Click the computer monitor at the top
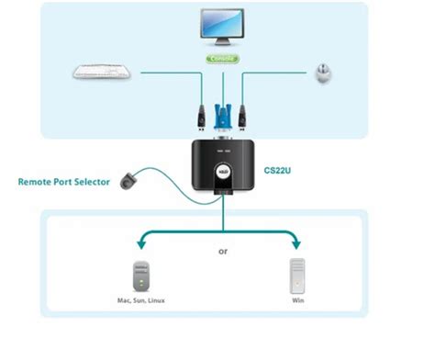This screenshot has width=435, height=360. (219, 27)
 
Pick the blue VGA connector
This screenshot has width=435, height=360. (221, 114)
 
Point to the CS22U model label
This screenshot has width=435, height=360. (279, 171)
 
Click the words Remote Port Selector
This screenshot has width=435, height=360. (63, 182)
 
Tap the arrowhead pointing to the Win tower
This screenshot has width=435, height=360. (297, 243)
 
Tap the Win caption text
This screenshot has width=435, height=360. (296, 300)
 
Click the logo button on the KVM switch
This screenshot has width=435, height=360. (222, 171)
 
